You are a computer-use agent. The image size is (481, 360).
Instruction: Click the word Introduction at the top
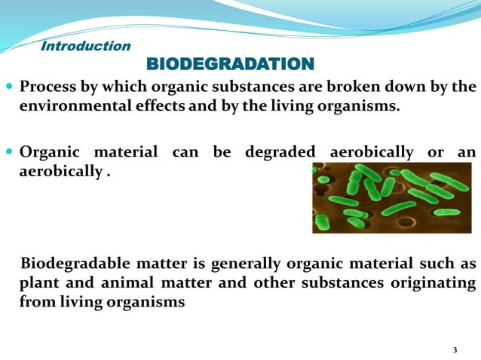click(x=85, y=46)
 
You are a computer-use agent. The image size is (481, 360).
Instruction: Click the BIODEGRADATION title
click(x=228, y=63)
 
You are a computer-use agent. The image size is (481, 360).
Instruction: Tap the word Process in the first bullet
click(x=47, y=87)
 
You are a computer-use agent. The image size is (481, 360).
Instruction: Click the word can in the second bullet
click(x=185, y=152)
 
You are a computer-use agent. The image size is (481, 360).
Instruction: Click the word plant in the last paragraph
click(x=37, y=283)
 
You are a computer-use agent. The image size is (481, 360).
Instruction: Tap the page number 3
click(x=455, y=350)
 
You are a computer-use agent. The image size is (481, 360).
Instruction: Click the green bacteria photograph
click(x=391, y=197)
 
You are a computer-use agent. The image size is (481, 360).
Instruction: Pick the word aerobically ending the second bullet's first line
click(x=372, y=152)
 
